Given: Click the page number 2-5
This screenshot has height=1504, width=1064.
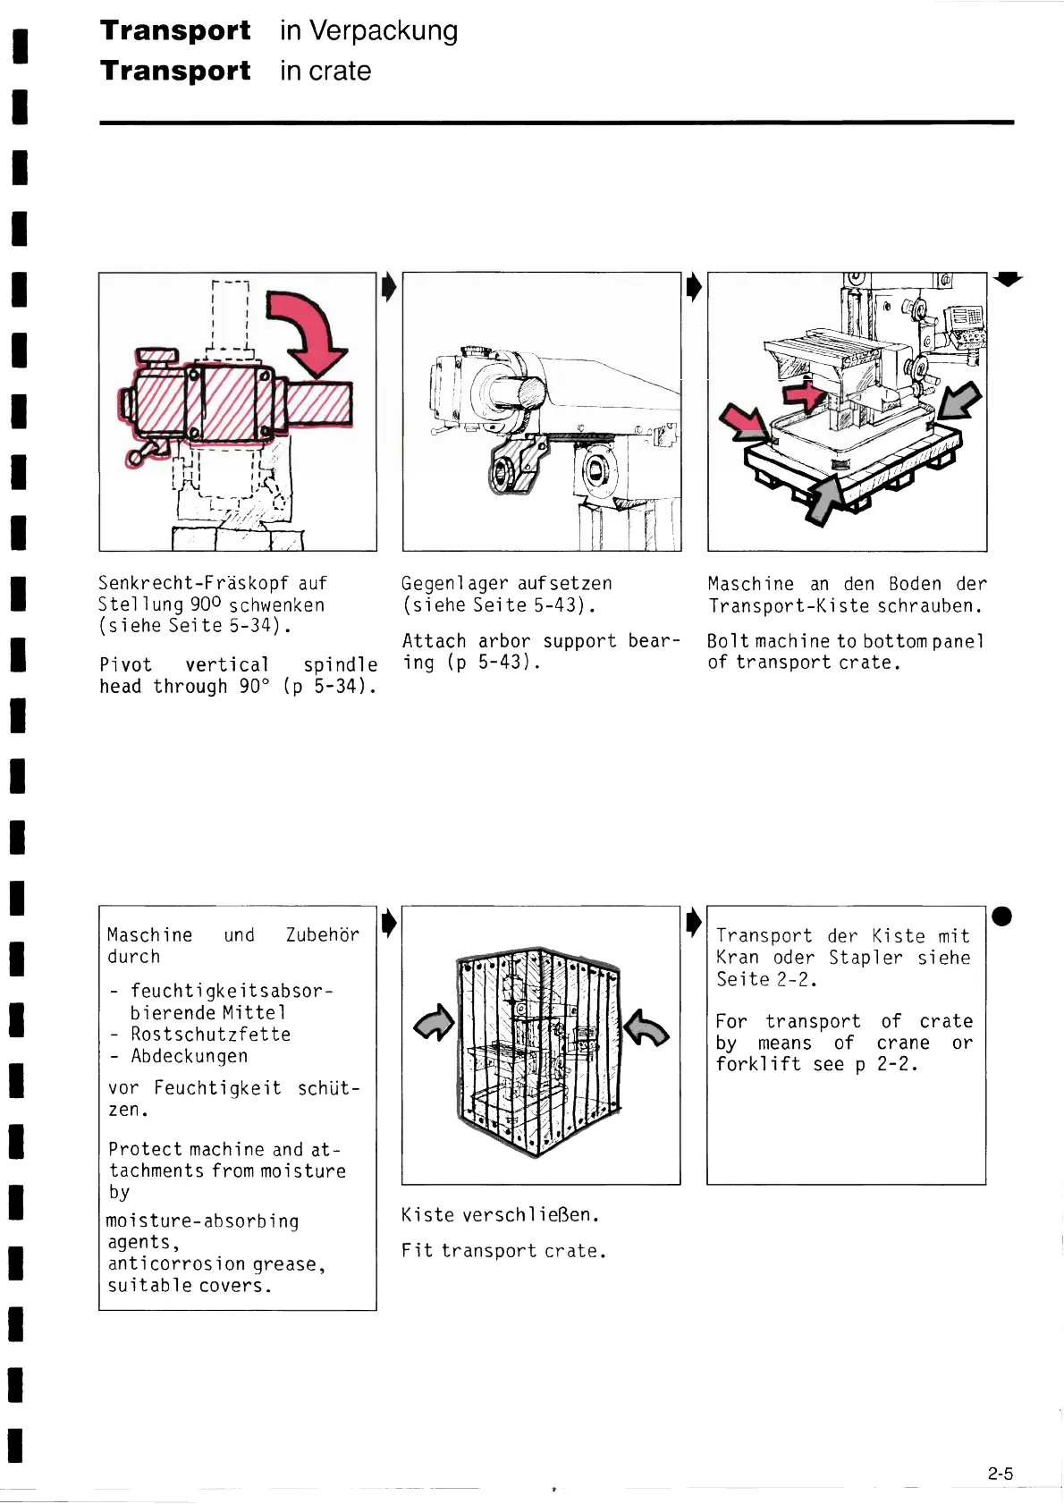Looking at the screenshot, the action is pos(1001,1474).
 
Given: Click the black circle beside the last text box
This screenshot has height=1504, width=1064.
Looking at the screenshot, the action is pos(1002,917).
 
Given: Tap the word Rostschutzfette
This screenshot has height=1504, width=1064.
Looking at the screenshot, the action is pos(210,1034).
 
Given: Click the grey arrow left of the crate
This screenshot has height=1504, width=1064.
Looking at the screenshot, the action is pos(435,1023).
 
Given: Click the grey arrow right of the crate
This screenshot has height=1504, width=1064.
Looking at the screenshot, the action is pos(646,1027).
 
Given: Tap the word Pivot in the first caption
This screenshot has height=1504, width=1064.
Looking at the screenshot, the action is pos(126,664).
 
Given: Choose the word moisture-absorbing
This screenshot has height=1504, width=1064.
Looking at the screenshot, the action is pos(202,1221).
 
